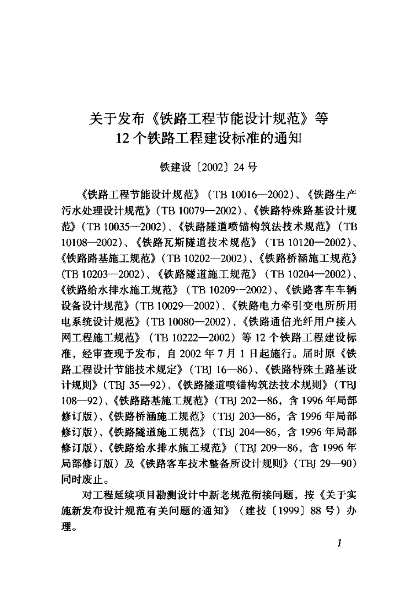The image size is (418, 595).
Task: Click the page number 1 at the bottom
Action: coord(339,543)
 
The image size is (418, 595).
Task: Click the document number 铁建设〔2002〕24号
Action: coord(209,167)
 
